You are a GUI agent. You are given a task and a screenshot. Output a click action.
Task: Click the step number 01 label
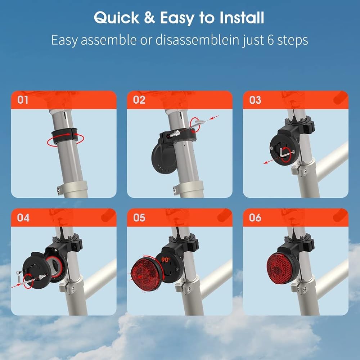(23, 100)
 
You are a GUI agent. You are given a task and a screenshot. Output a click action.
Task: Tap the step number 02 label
(139, 100)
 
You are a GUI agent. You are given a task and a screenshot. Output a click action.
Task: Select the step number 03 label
(255, 100)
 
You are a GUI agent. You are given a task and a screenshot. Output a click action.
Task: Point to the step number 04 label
(23, 217)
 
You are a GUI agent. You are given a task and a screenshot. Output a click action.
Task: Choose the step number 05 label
(139, 217)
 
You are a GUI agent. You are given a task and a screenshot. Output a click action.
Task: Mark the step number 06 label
(255, 217)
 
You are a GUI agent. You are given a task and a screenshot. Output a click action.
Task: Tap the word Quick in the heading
(115, 18)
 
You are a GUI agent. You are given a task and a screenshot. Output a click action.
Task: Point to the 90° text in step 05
(166, 260)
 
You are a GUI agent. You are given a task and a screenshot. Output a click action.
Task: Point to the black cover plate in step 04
(36, 268)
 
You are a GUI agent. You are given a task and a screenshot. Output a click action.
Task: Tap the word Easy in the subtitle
(64, 40)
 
